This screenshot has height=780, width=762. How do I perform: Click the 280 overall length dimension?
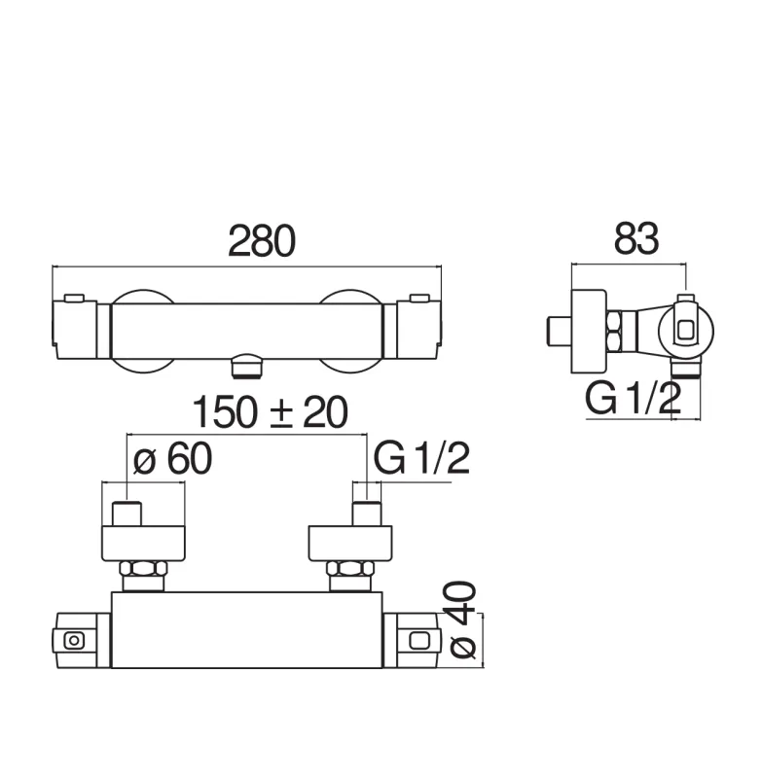click(262, 241)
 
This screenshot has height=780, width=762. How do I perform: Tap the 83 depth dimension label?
click(636, 239)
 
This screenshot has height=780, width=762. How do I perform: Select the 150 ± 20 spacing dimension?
click(270, 412)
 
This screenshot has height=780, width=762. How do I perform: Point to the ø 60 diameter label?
click(172, 459)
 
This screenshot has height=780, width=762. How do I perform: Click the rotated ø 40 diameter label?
click(463, 620)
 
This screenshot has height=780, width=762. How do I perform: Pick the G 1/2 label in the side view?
click(634, 399)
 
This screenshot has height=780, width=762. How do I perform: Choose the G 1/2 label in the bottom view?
click(421, 459)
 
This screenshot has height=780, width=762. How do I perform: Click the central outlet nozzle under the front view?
click(245, 366)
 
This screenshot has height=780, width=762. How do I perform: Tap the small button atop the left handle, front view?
click(74, 298)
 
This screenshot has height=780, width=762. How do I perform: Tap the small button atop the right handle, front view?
click(419, 298)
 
